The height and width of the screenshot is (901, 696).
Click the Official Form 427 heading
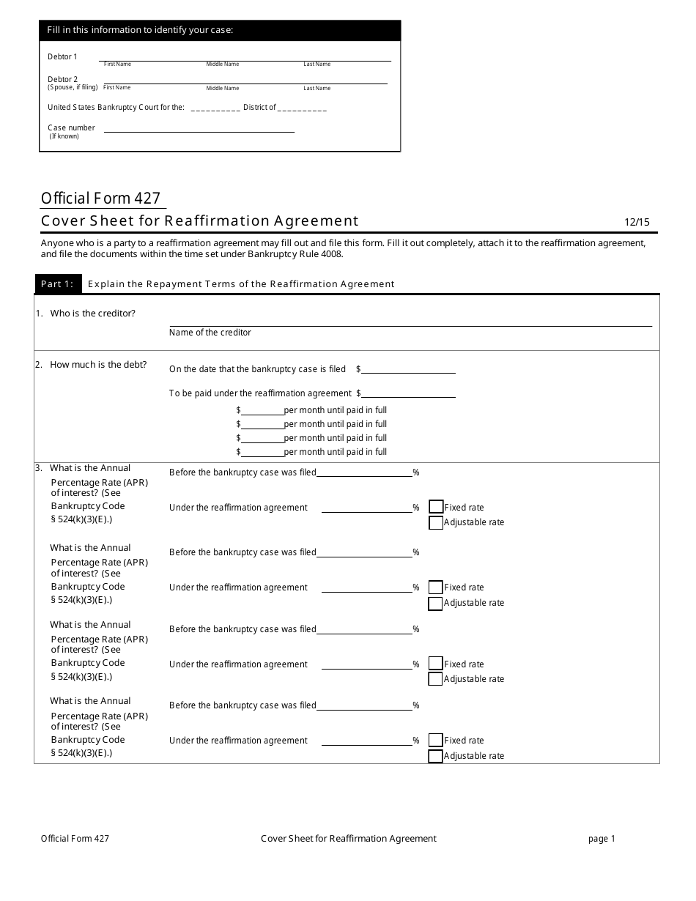point(100,198)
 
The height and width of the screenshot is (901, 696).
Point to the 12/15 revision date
point(637,222)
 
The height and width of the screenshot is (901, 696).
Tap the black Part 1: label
point(57,283)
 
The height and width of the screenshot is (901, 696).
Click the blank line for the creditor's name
point(410,321)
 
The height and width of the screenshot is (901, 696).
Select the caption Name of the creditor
point(210,333)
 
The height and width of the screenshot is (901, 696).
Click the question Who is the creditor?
point(92,314)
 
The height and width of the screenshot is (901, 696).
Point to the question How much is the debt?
point(97,365)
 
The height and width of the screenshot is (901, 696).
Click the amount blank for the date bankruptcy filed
point(408,369)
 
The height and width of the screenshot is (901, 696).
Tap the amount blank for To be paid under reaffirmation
point(408,393)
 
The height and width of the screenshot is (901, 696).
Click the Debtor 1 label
point(62,56)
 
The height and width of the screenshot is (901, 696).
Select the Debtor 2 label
point(62,79)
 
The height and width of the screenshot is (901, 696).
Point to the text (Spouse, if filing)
point(73,87)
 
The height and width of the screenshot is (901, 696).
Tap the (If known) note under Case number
point(64,136)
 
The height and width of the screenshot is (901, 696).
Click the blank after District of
point(302,108)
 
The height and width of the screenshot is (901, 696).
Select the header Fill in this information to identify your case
point(140,30)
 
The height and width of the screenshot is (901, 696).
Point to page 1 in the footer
point(601,839)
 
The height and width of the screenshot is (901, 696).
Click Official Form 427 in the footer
point(75,839)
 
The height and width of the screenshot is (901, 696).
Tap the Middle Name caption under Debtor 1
point(222,64)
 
